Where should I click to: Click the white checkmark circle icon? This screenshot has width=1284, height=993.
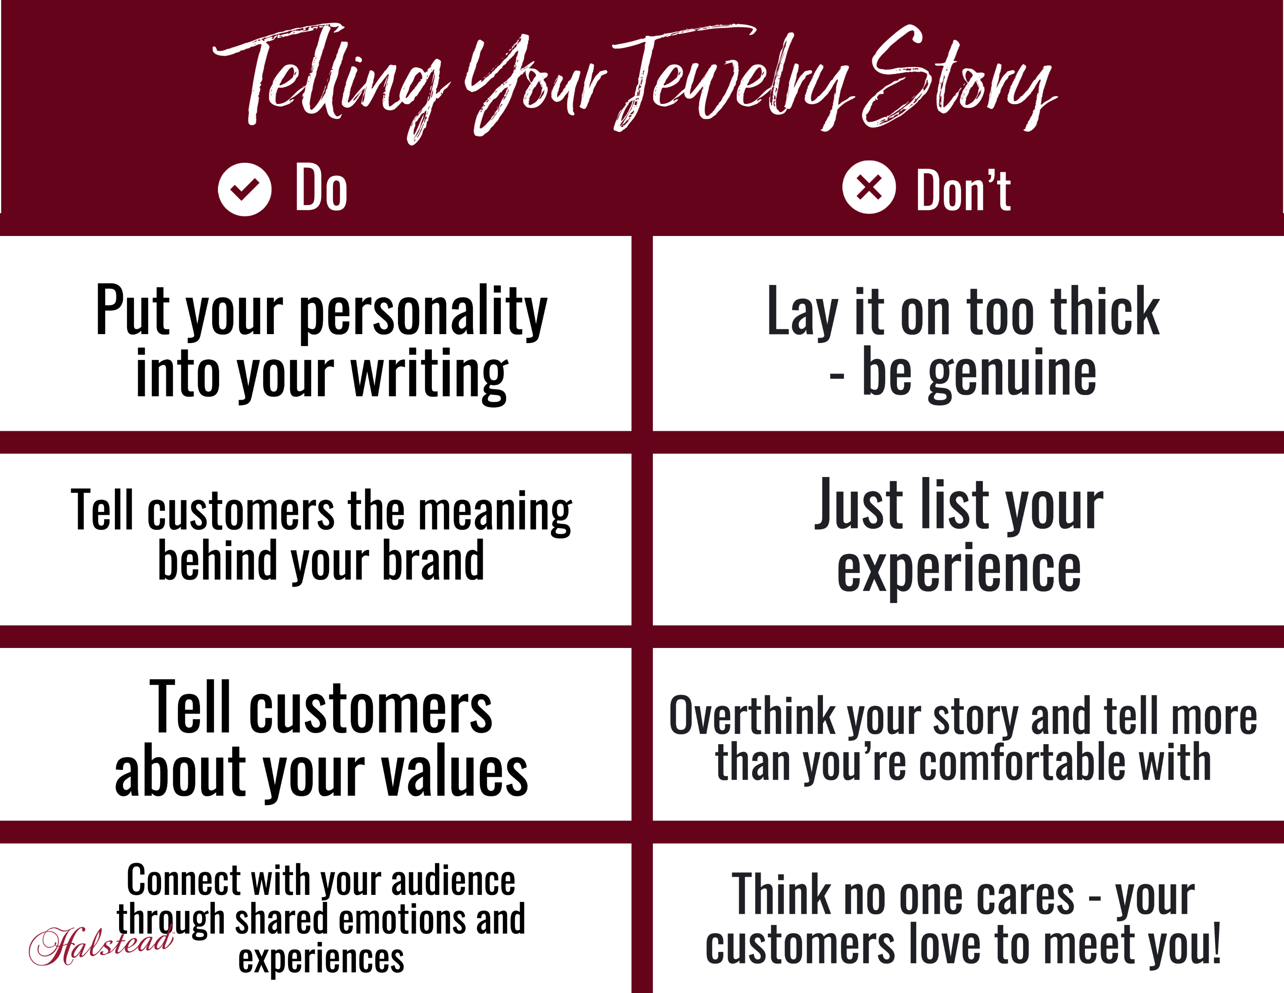click(x=245, y=189)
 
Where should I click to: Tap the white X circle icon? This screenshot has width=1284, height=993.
click(x=869, y=187)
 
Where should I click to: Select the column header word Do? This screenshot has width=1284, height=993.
click(x=321, y=188)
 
